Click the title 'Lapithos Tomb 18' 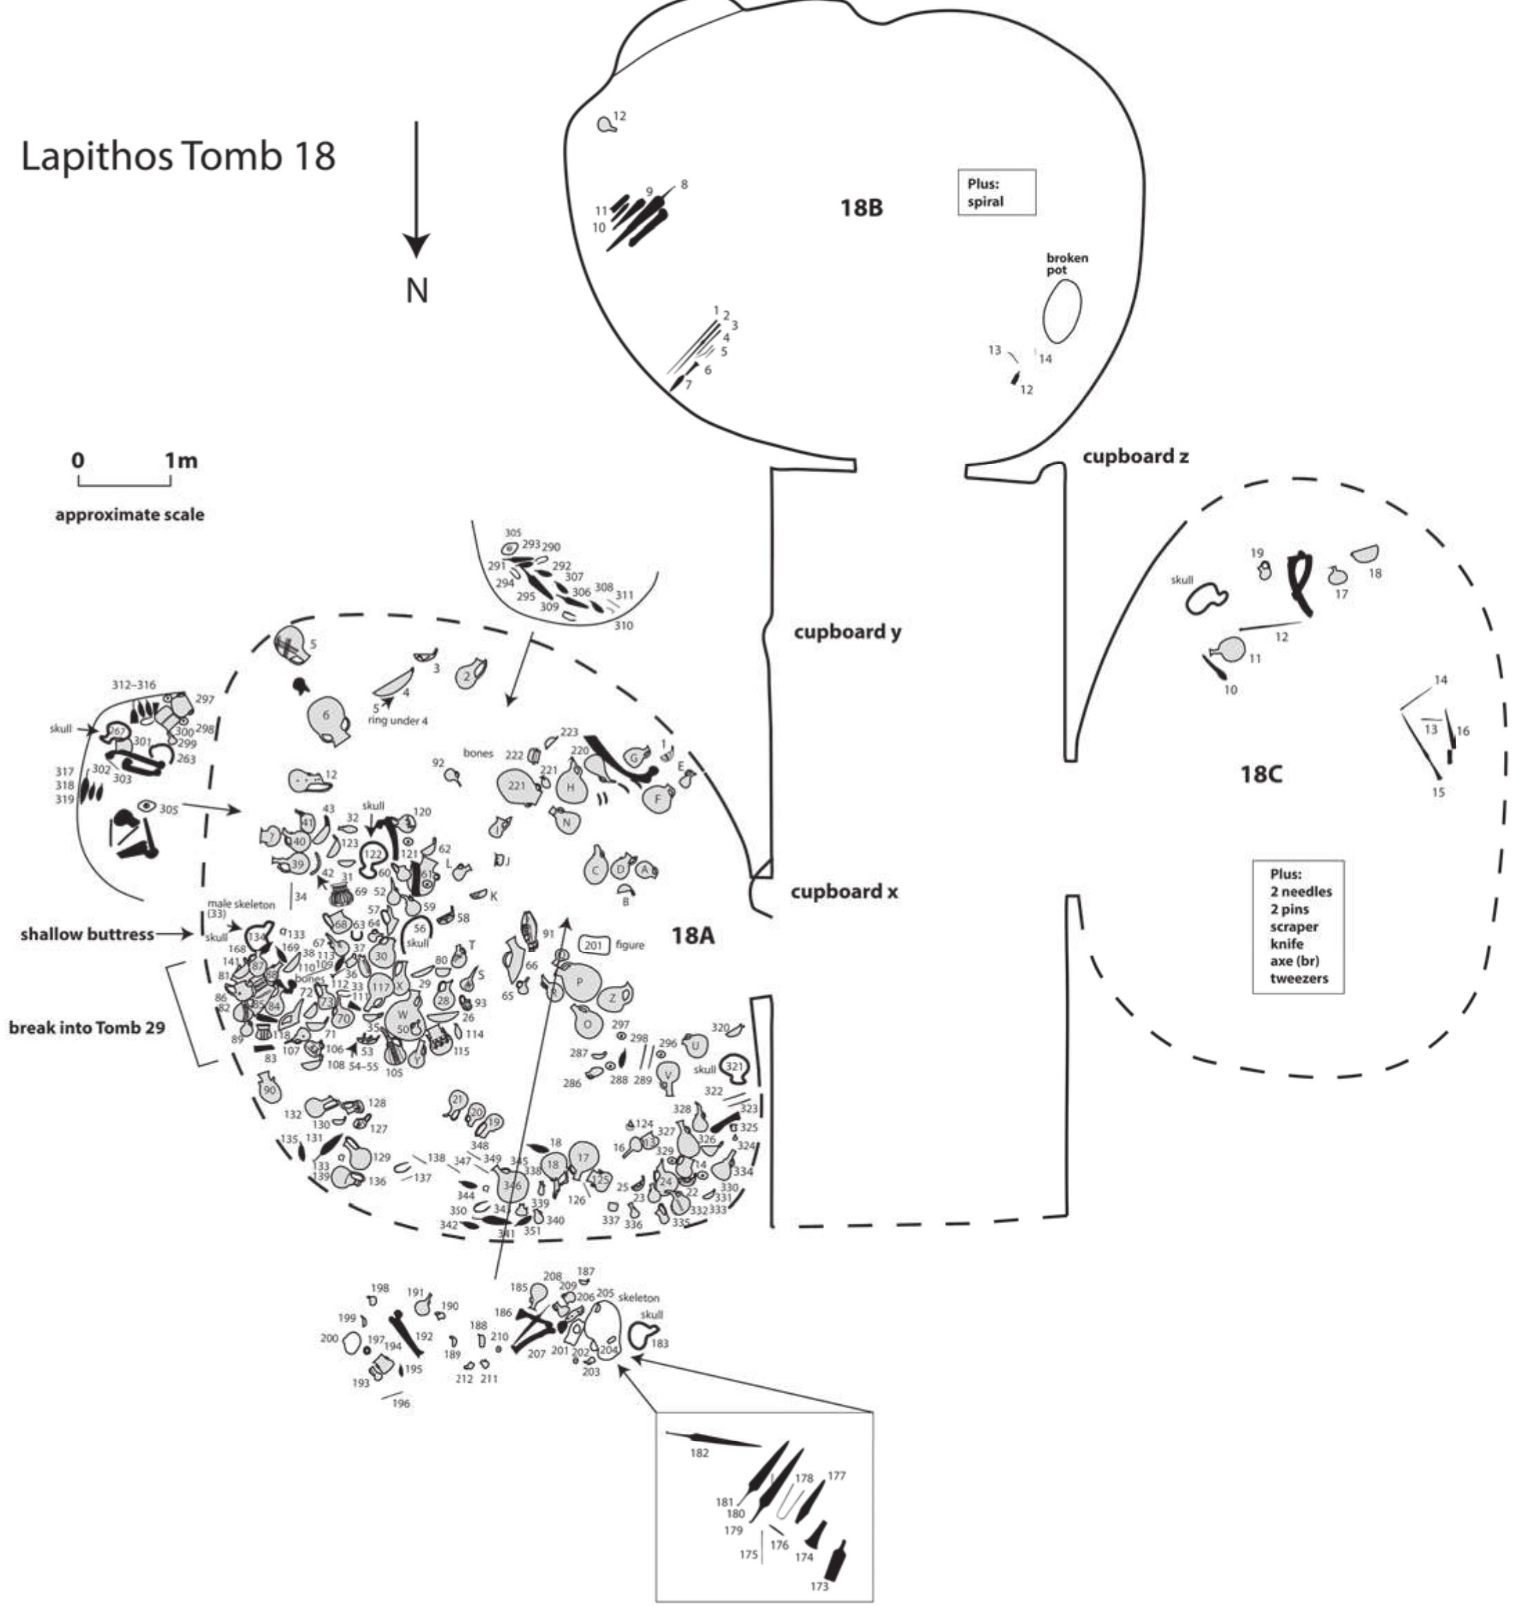(178, 156)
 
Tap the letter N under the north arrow (416, 290)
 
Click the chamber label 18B (862, 209)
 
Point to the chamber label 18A (694, 935)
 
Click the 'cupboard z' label (1135, 457)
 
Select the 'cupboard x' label (844, 892)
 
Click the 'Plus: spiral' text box (996, 192)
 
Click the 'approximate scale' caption (129, 514)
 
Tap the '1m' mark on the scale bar (181, 461)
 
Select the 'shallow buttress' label (86, 934)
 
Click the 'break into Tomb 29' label (86, 1028)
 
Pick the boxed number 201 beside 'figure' (593, 944)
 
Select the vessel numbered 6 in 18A (326, 716)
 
